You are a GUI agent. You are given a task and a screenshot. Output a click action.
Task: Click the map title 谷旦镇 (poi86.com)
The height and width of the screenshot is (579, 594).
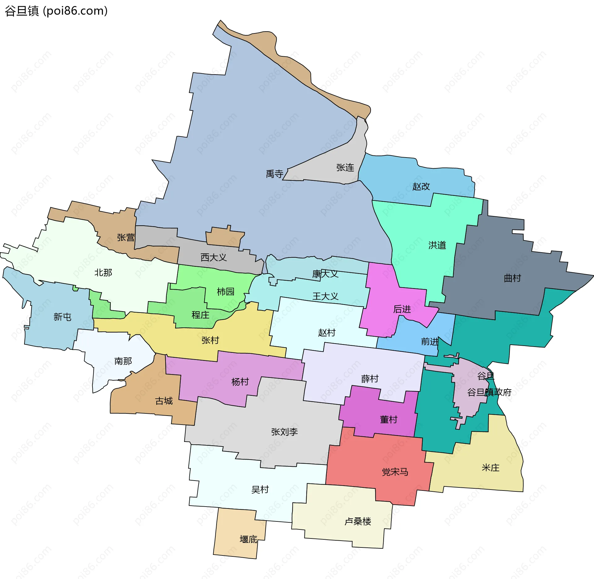(56, 11)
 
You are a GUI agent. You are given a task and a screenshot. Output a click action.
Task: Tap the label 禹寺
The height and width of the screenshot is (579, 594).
(274, 174)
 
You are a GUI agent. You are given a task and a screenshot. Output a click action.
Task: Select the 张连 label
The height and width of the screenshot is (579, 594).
(345, 168)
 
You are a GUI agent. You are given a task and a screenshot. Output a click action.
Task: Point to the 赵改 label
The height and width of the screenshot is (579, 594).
(421, 187)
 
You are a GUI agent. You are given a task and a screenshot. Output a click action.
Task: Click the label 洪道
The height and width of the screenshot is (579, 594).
(437, 245)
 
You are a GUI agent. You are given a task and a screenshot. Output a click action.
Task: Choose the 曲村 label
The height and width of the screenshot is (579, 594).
(512, 278)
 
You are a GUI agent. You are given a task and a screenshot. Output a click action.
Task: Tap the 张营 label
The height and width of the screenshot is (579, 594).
(126, 238)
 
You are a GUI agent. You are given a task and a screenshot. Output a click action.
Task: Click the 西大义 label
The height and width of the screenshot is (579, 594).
(213, 257)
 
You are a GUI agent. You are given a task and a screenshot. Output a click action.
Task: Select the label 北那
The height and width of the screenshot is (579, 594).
(103, 273)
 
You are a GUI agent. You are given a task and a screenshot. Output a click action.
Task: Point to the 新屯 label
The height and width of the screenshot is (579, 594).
(62, 317)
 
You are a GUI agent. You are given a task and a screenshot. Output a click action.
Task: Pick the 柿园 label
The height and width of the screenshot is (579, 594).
(225, 292)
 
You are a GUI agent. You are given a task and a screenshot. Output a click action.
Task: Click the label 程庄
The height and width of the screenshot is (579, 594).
(200, 315)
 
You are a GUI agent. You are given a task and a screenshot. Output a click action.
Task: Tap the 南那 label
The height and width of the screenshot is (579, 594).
(123, 361)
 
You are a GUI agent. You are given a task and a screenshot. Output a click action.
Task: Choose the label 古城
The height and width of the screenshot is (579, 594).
(164, 401)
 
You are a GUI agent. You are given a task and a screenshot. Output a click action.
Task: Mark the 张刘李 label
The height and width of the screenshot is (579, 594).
(284, 432)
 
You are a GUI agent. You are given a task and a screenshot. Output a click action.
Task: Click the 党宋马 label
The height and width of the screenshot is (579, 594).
(395, 472)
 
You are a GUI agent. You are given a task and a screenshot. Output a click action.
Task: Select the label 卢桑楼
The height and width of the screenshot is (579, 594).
(358, 521)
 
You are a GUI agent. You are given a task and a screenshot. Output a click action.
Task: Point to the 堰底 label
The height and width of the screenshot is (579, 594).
(248, 539)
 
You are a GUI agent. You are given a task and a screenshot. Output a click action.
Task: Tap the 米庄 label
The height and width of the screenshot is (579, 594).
(490, 468)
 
